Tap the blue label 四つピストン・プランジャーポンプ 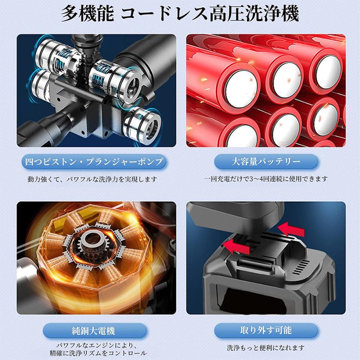pos(93,162)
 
